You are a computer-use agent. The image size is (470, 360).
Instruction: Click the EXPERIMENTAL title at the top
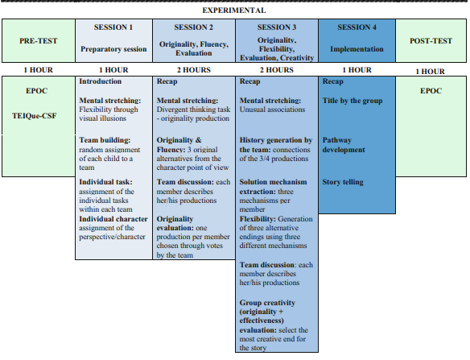coord(233,10)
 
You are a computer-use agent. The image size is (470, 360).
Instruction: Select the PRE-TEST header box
coord(38,39)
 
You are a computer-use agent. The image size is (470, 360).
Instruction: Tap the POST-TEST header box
coord(431,39)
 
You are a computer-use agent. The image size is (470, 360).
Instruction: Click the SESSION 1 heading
coord(113,27)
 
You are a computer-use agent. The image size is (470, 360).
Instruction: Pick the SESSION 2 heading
coord(193,27)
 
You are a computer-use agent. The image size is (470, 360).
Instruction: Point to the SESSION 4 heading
coord(357,27)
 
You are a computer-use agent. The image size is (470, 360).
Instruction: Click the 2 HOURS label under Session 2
coord(193,70)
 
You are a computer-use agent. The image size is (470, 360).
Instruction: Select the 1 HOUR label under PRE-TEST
coord(38,70)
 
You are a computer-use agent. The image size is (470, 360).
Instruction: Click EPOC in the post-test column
coord(431,91)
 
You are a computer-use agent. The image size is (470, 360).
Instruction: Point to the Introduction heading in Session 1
coord(100,82)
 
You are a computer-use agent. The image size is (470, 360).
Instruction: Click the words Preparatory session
coord(113,49)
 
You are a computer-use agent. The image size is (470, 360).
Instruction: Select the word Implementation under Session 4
coord(357,49)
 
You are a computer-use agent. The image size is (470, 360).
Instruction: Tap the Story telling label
coord(343,182)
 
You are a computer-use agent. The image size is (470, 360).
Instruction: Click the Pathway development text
coord(344,145)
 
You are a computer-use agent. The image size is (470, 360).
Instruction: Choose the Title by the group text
coord(352,101)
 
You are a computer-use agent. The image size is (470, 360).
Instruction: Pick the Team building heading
coord(105,139)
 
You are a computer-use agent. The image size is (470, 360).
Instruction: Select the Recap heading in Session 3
coord(250,82)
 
